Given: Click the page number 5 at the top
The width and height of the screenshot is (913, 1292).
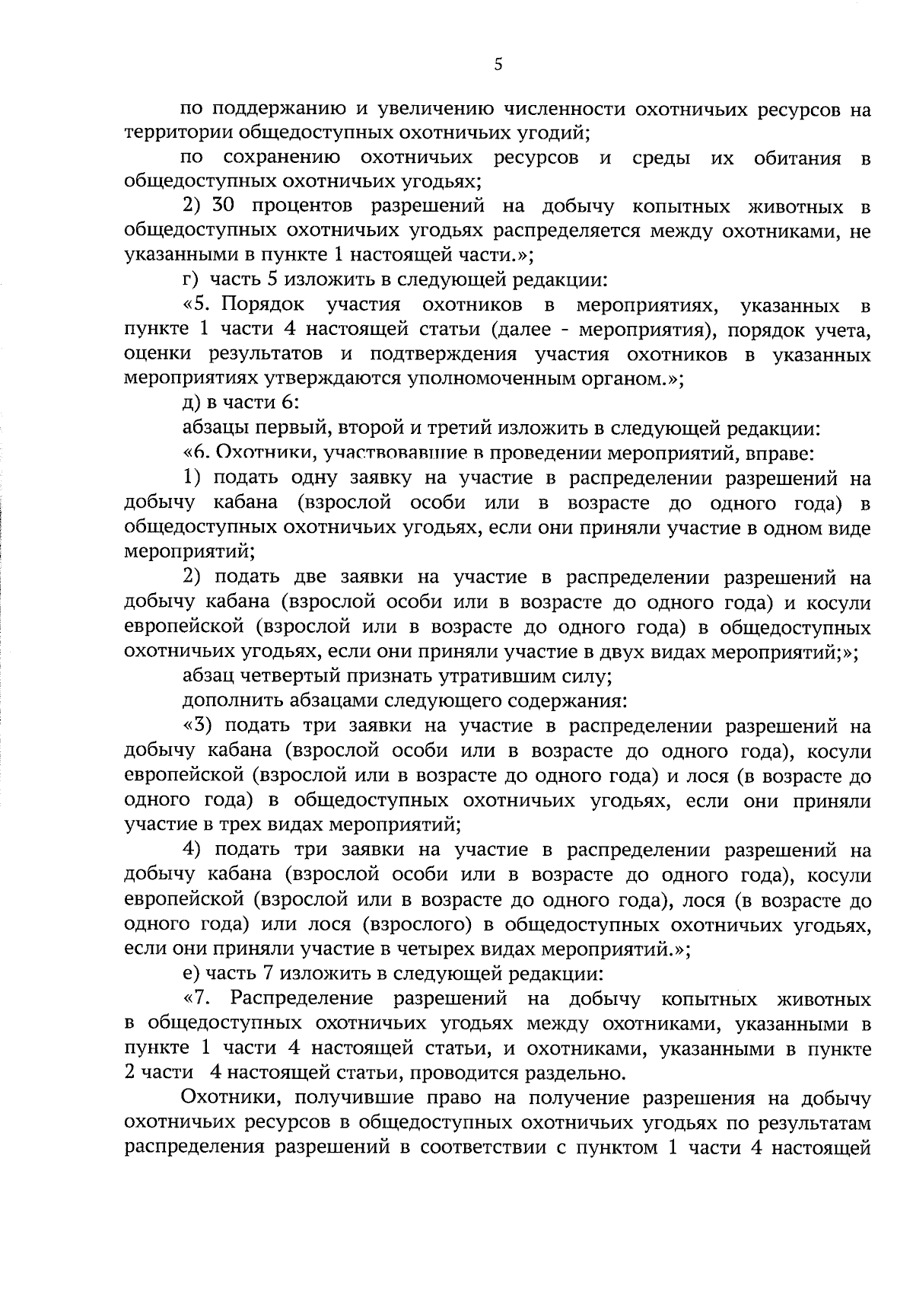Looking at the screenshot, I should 498,64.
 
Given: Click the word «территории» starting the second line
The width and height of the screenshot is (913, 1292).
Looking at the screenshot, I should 170,132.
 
